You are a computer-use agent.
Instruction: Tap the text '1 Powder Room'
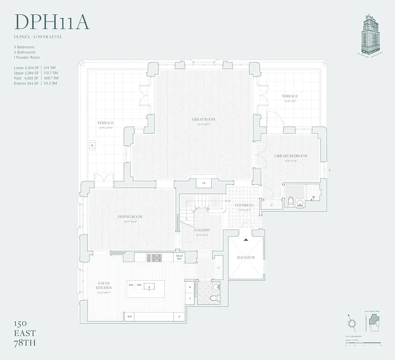(27, 58)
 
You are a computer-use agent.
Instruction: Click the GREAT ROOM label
(203, 120)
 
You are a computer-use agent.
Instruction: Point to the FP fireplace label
(204, 184)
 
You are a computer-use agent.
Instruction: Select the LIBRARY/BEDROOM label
(291, 156)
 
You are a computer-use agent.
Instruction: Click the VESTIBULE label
(244, 205)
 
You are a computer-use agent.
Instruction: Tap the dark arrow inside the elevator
(245, 240)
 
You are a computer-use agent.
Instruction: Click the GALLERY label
(202, 230)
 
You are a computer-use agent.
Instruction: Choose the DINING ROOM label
(130, 217)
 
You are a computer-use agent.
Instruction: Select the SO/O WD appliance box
(179, 257)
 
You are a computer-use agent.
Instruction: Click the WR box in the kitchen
(130, 317)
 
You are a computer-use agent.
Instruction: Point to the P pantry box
(180, 317)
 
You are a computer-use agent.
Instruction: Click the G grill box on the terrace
(92, 146)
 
